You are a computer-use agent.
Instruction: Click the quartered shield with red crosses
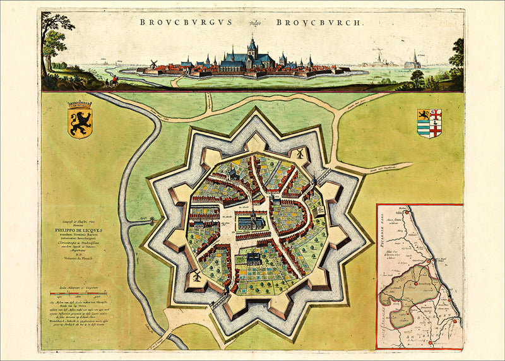(429, 123)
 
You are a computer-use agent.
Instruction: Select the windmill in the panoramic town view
(152, 64)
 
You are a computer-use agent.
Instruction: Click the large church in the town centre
(251, 220)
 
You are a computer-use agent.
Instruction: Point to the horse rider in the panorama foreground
(113, 81)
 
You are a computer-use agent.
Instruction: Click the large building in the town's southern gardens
(252, 259)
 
